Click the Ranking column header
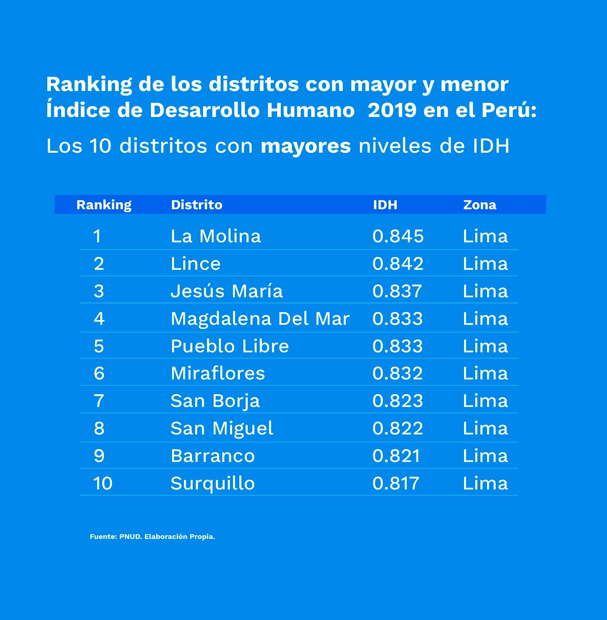(104, 205)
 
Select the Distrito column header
(197, 205)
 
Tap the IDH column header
(385, 205)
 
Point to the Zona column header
(480, 205)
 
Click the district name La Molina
(216, 236)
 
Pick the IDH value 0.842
(398, 264)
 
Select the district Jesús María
(227, 291)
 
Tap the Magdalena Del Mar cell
(260, 319)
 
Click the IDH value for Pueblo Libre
(397, 346)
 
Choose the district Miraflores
(218, 373)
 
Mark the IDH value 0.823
(397, 401)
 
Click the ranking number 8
(99, 428)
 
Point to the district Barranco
(212, 456)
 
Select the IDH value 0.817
(396, 483)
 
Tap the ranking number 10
(103, 483)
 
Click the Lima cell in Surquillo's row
(485, 483)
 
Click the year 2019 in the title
(392, 110)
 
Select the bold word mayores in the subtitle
(306, 146)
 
